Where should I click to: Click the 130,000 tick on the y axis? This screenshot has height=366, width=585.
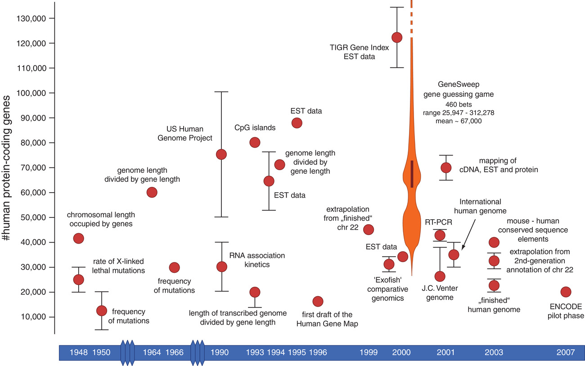point(38,18)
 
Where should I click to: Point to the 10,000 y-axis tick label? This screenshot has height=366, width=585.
point(38,317)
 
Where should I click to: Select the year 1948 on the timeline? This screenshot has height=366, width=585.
point(79,352)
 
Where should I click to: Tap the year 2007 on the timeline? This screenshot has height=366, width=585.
point(566,352)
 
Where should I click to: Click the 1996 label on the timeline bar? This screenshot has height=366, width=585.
point(317,352)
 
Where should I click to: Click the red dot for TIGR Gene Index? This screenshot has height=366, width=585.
point(397,37)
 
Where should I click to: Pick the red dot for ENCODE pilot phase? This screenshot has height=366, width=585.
point(566,292)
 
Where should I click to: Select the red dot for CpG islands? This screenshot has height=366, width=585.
point(255,143)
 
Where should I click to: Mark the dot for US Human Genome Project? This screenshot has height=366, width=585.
point(221,154)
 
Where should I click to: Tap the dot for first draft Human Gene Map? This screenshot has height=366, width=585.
point(318,301)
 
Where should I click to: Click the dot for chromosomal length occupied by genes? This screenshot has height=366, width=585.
point(78,238)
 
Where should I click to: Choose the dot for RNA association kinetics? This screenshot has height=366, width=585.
point(221,267)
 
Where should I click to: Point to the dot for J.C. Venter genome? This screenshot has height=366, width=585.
point(440,276)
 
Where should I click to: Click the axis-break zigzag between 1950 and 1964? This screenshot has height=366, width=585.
point(128,352)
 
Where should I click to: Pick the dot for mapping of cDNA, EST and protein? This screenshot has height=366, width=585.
point(446,167)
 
